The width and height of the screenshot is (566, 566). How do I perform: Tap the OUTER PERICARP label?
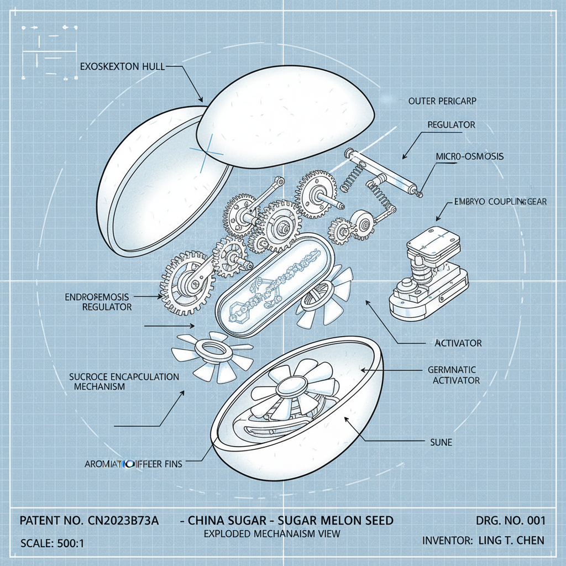442,101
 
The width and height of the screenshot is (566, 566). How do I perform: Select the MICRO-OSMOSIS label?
469,156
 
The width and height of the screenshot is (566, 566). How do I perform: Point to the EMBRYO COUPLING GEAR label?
499,202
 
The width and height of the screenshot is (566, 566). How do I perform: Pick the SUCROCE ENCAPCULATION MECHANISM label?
124,382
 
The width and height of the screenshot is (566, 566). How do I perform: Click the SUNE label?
442,443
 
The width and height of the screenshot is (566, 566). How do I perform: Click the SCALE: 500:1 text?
52,543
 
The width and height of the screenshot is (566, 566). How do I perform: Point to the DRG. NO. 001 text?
510,521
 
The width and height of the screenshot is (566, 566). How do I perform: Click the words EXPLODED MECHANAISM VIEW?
271,534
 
